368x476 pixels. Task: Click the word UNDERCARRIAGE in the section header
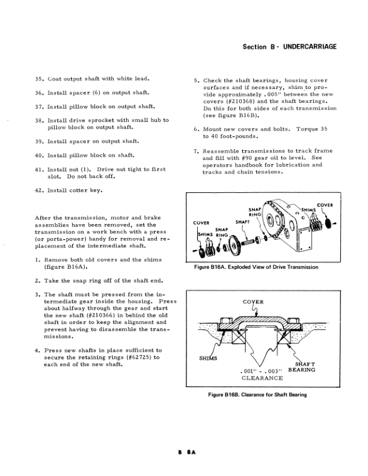pyautogui.click(x=306, y=47)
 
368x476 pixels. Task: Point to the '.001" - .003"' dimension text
pyautogui.click(x=261, y=370)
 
